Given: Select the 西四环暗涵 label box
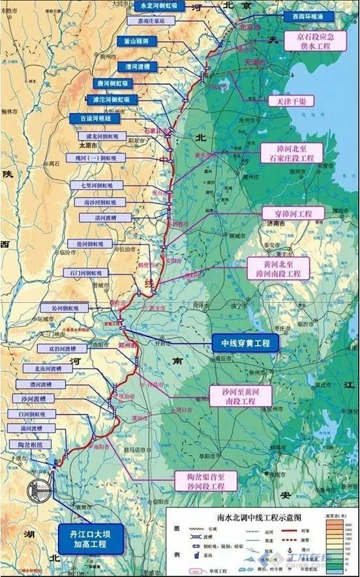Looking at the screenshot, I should pos(307,16).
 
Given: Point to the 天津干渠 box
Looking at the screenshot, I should pos(284,101).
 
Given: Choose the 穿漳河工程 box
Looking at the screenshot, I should pos(287,213).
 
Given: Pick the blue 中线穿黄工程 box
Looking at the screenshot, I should pos(245,342).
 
